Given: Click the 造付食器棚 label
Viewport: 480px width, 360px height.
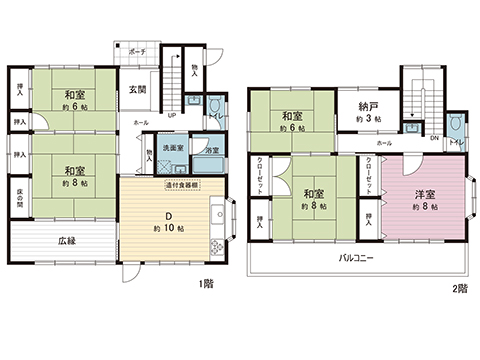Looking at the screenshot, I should coord(180,184).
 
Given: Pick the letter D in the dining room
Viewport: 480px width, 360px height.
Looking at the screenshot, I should coord(171,211).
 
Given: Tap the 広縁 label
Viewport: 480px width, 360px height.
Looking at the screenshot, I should coord(66,241).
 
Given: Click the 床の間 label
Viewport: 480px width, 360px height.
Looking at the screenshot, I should coord(20,198).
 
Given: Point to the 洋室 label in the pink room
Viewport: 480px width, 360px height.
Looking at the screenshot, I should coord(424,193).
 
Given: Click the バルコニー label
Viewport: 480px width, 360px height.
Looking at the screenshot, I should coord(358,257).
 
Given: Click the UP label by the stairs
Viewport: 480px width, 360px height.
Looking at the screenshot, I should coord(172,114).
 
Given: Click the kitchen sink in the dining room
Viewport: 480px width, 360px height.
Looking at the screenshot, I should coord(216,213).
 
